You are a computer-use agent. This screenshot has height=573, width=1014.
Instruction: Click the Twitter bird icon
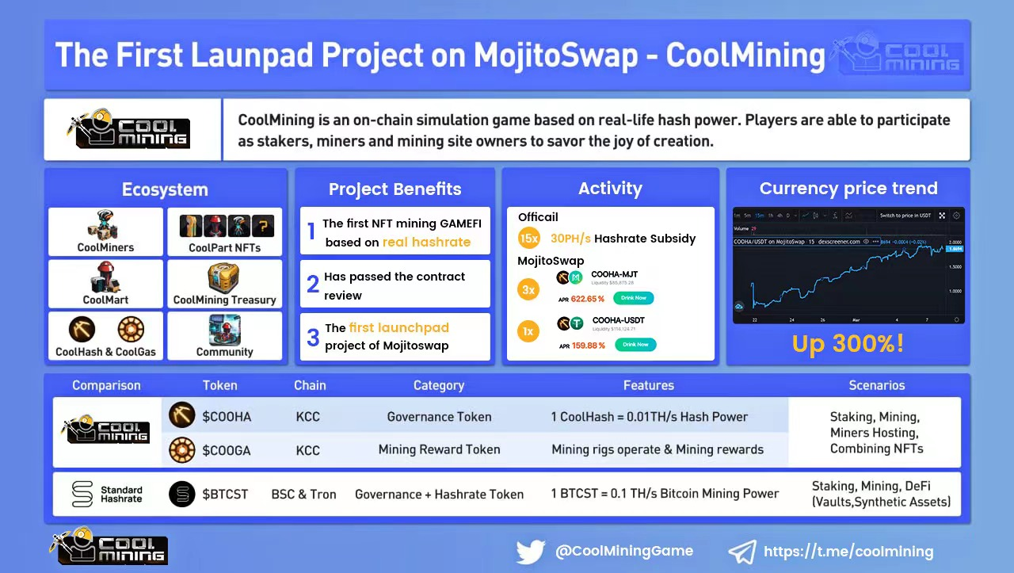[531, 552]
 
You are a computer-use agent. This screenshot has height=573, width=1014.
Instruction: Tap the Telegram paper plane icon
[741, 552]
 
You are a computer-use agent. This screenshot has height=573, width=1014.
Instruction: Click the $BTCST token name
[225, 495]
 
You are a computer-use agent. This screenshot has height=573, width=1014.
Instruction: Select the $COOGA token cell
[226, 450]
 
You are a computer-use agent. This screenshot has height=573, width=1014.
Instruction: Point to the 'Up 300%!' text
[848, 344]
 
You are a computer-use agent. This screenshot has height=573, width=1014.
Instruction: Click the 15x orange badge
[528, 239]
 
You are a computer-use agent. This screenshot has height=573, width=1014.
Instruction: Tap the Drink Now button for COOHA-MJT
[633, 298]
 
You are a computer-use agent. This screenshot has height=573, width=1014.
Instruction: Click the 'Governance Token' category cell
[439, 417]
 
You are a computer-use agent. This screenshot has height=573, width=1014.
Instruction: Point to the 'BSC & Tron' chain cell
[303, 495]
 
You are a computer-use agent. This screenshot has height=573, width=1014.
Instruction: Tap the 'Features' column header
[648, 386]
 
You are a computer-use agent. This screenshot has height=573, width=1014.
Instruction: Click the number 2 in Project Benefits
[313, 284]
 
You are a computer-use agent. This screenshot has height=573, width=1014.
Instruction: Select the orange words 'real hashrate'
[426, 243]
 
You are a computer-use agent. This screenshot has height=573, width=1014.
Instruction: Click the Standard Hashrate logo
[82, 494]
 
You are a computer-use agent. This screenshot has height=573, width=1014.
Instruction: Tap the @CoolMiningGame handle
[623, 551]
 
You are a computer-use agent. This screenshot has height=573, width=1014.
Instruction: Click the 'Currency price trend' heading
[848, 189]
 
